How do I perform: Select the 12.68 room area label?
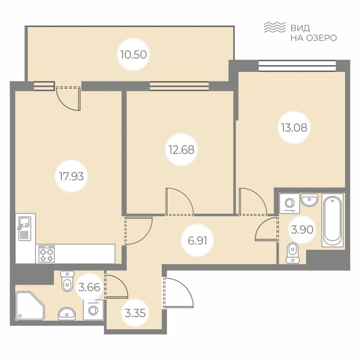pyautogui.click(x=182, y=149)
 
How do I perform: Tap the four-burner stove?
pyautogui.click(x=46, y=254)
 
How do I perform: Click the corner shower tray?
pyautogui.click(x=30, y=305)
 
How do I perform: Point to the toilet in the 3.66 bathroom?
pyautogui.click(x=67, y=281)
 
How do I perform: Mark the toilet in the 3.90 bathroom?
pyautogui.click(x=293, y=252)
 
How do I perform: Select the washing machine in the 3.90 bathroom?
pyautogui.click(x=288, y=203)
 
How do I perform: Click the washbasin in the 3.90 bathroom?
pyautogui.click(x=309, y=199)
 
